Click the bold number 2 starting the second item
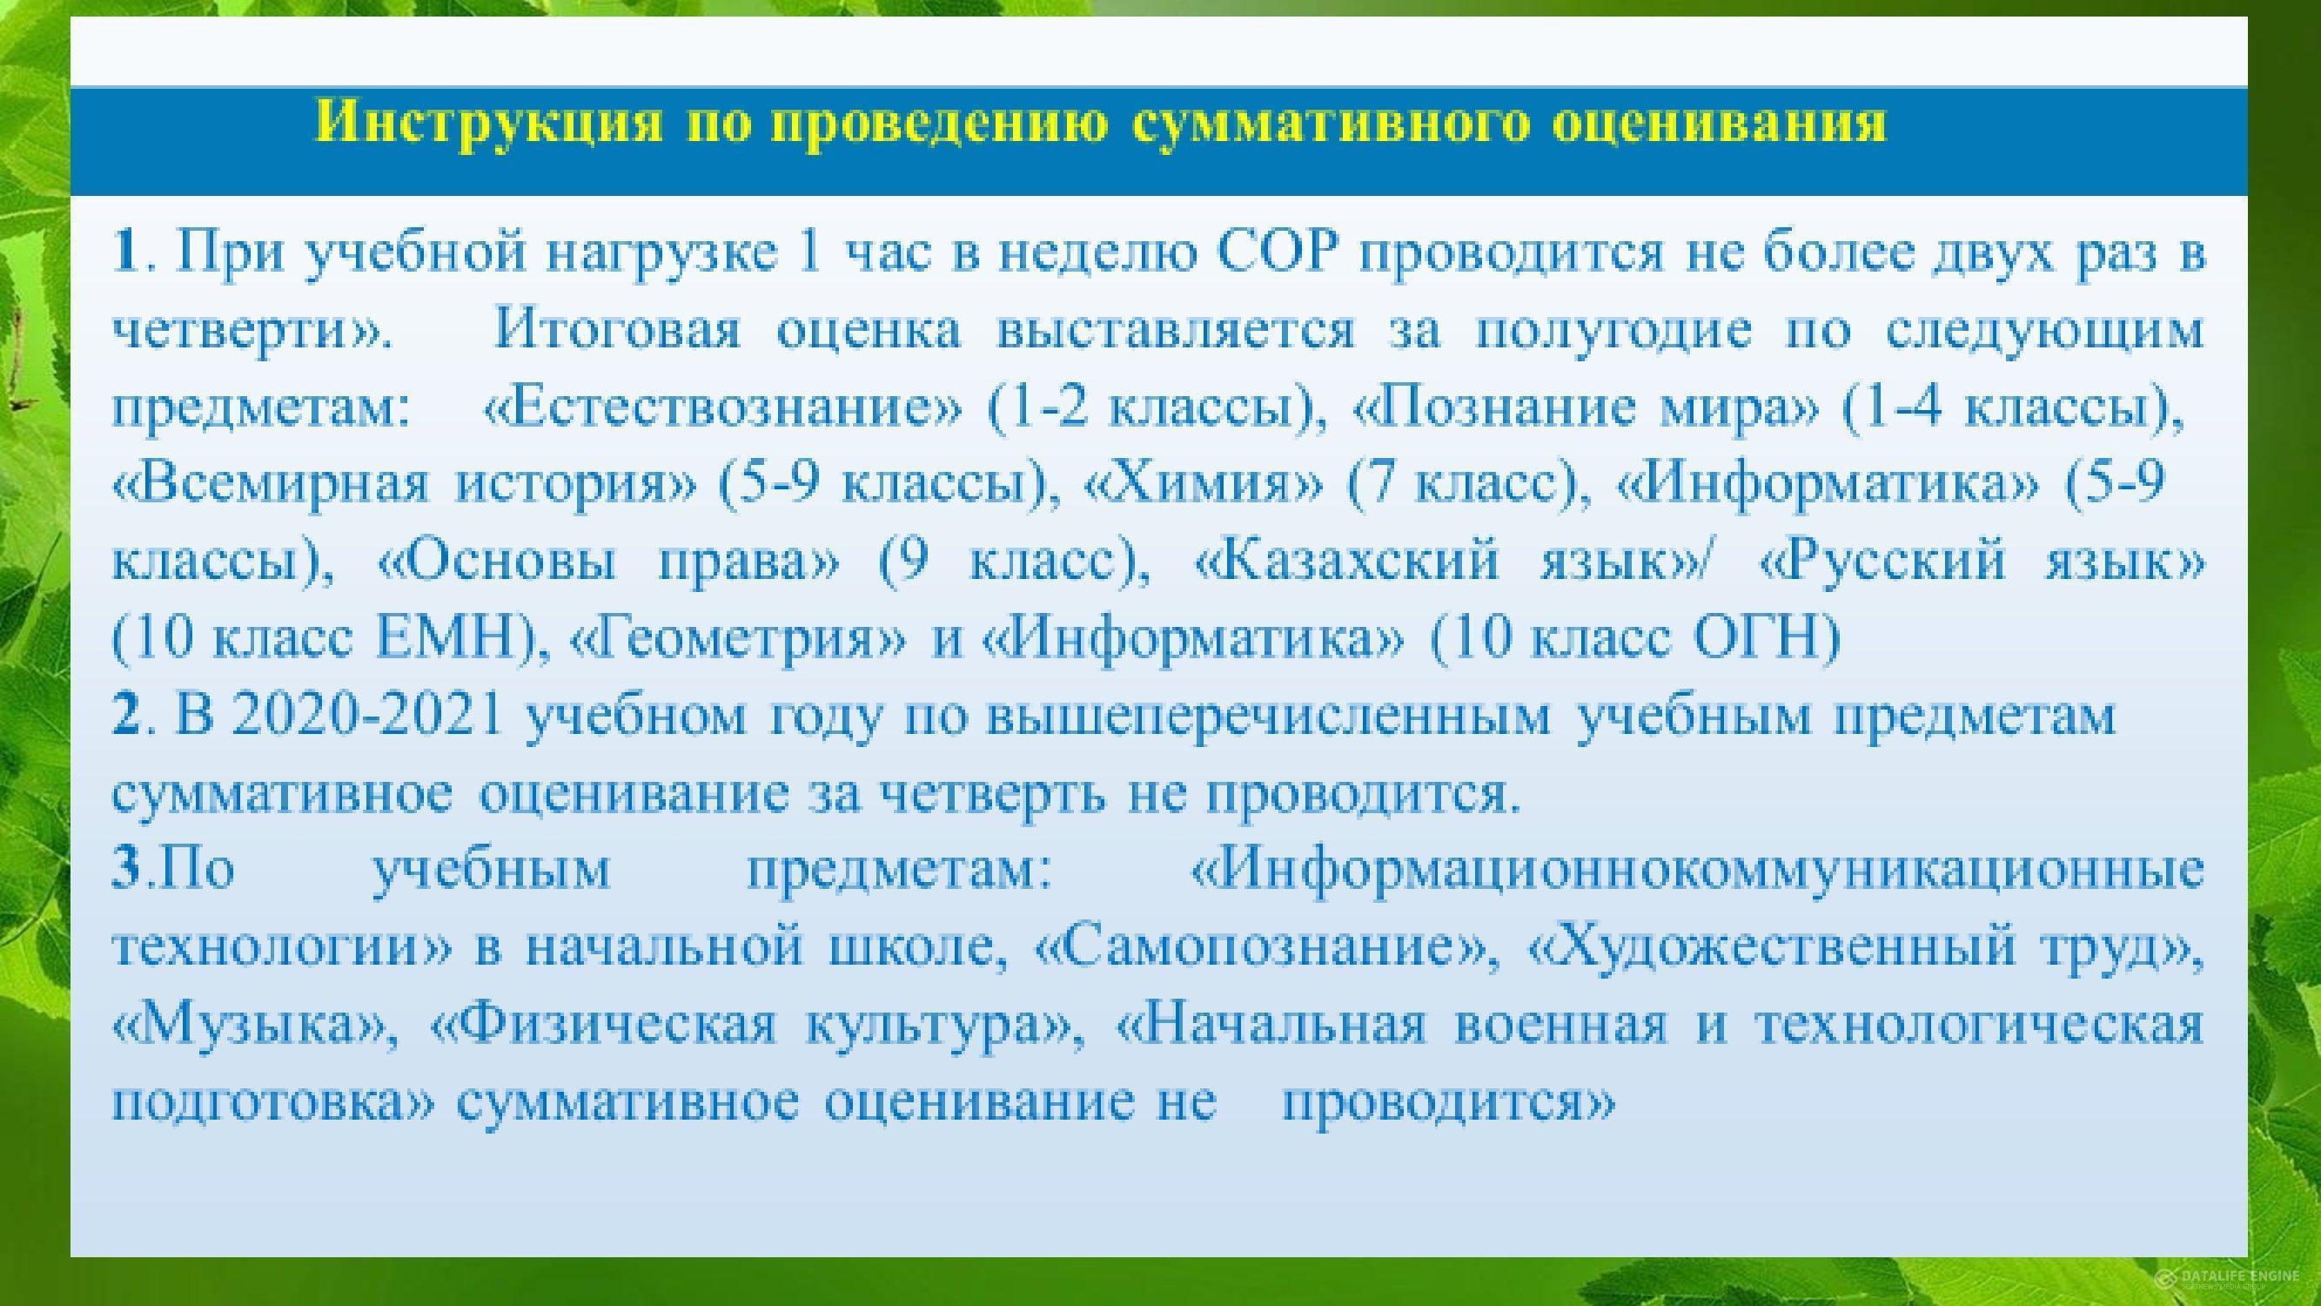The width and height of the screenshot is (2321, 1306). tap(126, 717)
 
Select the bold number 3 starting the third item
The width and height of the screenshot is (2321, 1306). tap(126, 872)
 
